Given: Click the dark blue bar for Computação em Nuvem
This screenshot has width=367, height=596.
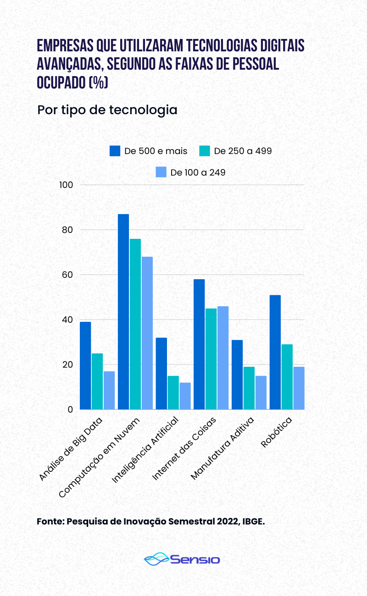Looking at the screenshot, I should [123, 312].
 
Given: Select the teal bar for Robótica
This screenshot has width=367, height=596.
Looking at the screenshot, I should [287, 377].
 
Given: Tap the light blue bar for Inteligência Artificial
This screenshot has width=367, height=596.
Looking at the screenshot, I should [185, 396].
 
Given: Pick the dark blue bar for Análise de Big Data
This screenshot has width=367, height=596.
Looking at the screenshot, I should [85, 365].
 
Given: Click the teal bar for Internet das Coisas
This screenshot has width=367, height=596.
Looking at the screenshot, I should [211, 359].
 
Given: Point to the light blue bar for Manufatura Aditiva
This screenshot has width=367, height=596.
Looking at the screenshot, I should [261, 392].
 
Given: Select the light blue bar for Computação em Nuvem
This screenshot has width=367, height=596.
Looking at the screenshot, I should [147, 333].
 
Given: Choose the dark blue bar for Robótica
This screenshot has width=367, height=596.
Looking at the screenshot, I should [275, 352].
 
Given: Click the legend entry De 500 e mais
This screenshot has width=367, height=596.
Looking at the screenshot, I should [149, 151].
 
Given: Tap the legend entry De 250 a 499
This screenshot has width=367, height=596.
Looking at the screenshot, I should [236, 151].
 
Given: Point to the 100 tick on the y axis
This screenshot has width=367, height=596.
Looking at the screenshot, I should [67, 185].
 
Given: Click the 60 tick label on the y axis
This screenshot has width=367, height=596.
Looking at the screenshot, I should [67, 275].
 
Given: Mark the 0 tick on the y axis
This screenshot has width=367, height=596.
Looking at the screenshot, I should [71, 409].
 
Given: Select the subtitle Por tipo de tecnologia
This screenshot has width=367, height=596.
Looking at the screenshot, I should [107, 110].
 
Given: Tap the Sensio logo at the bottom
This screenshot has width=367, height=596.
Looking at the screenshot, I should [183, 559].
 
